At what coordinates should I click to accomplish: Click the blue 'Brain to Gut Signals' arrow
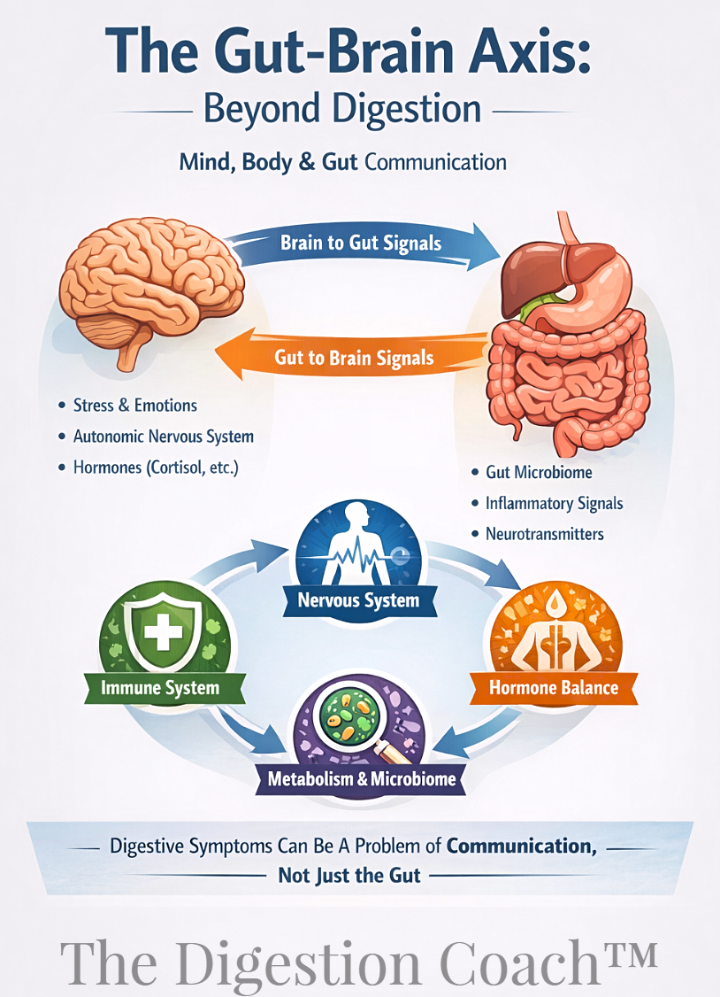click(362, 243)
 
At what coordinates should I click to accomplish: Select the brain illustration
click(151, 292)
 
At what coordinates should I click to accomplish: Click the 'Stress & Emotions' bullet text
click(135, 406)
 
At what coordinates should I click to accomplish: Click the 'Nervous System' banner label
click(359, 600)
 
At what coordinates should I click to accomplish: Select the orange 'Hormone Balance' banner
click(554, 687)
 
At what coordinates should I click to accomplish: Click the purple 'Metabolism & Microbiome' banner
click(361, 779)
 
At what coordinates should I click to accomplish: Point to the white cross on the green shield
click(163, 631)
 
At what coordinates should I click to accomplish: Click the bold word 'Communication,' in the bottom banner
click(521, 846)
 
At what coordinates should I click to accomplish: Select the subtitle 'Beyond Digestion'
click(342, 109)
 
